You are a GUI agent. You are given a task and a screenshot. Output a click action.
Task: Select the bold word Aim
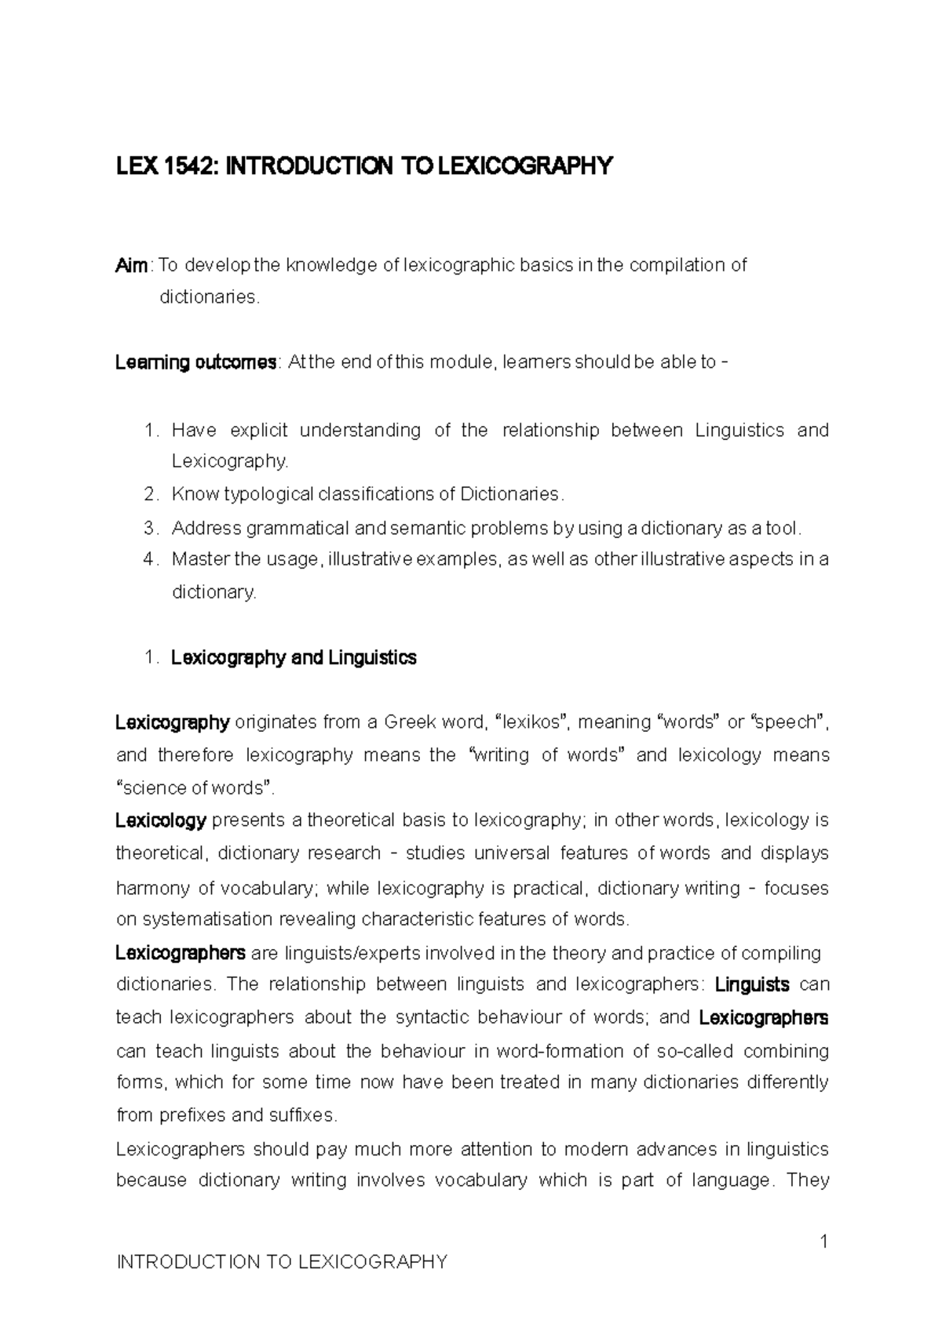click(131, 266)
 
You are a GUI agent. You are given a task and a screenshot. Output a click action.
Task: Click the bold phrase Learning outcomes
click(195, 362)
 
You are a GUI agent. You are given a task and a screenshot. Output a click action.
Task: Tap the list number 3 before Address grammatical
click(151, 528)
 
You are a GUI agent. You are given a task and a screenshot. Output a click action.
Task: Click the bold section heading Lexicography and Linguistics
click(294, 657)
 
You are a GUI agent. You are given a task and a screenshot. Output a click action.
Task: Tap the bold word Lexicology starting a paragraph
click(161, 820)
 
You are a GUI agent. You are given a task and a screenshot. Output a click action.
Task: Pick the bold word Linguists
click(753, 984)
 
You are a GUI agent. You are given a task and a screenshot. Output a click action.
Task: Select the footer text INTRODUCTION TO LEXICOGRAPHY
click(281, 1262)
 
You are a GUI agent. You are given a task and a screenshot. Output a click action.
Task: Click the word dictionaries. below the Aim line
click(209, 297)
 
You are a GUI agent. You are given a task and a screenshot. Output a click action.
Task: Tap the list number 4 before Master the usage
click(151, 559)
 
